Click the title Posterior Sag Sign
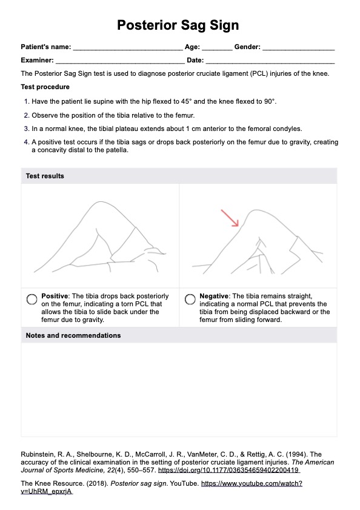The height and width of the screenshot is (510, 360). pyautogui.click(x=178, y=25)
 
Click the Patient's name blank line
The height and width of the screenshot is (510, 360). pyautogui.click(x=128, y=50)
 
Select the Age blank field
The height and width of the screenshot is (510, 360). pyautogui.click(x=217, y=50)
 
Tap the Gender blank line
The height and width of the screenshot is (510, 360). pyautogui.click(x=299, y=50)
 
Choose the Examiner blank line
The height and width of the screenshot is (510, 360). pyautogui.click(x=120, y=64)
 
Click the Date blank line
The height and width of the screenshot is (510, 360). pyautogui.click(x=270, y=64)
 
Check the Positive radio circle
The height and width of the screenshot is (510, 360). pyautogui.click(x=32, y=299)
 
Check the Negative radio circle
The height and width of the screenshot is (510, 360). pyautogui.click(x=190, y=299)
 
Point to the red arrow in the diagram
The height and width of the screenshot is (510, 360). pyautogui.click(x=230, y=218)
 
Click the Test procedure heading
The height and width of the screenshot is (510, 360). pyautogui.click(x=45, y=87)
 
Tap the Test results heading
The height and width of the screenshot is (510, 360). pyautogui.click(x=45, y=176)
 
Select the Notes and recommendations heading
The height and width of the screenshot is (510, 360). pyautogui.click(x=73, y=335)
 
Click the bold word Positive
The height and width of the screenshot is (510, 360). pyautogui.click(x=55, y=296)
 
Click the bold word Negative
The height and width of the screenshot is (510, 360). pyautogui.click(x=214, y=296)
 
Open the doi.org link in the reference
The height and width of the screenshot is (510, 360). pyautogui.click(x=228, y=470)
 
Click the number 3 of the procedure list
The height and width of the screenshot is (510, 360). pyautogui.click(x=26, y=129)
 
